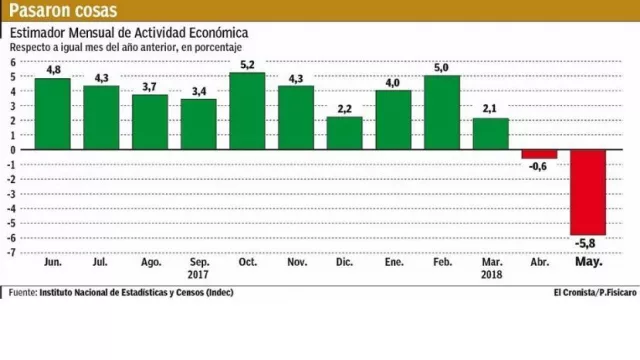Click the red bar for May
[x=588, y=192]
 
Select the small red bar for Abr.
[x=539, y=154]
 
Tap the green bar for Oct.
[x=247, y=111]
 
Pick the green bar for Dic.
[x=344, y=133]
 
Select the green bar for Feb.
[x=441, y=112]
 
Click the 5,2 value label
[x=247, y=64]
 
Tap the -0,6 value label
[x=539, y=167]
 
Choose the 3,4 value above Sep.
[x=198, y=90]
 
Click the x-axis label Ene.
[x=393, y=262]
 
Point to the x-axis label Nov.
[x=296, y=262]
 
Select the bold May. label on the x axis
[x=588, y=262]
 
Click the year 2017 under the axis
[x=198, y=274]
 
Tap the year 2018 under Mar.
[x=490, y=274]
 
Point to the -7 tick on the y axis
[x=11, y=251]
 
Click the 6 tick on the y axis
[x=13, y=62]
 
